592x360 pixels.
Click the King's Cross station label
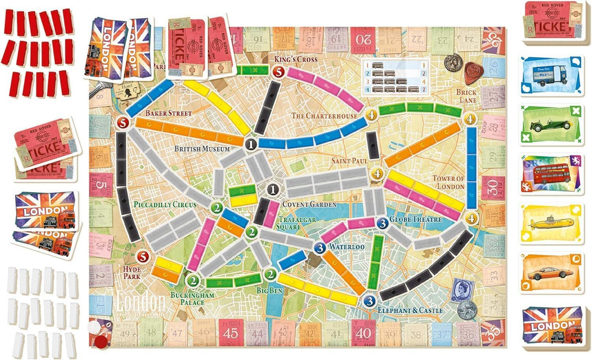click(x=296, y=60)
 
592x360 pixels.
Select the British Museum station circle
click(x=251, y=144)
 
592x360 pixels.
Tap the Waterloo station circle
click(x=320, y=247)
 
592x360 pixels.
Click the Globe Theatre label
click(x=416, y=220)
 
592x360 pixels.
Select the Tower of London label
click(x=448, y=182)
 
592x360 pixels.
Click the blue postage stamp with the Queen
click(x=460, y=292)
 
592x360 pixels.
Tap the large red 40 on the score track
click(x=361, y=333)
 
